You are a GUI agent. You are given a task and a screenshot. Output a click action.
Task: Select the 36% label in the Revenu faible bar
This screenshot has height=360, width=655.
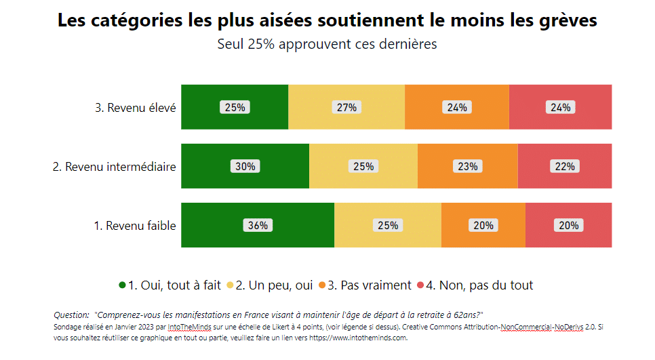(258, 226)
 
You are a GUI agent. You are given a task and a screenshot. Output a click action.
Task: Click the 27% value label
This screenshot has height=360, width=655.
(346, 107)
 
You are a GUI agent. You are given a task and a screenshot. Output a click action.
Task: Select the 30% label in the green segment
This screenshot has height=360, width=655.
(245, 166)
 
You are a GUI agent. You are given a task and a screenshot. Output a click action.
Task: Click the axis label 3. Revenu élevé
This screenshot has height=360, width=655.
(135, 107)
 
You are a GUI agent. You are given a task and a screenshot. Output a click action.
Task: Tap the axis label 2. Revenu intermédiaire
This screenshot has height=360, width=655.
(114, 166)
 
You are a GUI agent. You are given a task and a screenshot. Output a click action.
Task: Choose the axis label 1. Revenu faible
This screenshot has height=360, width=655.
(134, 226)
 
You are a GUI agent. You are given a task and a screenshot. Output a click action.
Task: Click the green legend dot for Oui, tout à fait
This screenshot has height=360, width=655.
(123, 285)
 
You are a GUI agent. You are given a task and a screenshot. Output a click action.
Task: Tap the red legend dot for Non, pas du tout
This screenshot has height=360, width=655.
(420, 285)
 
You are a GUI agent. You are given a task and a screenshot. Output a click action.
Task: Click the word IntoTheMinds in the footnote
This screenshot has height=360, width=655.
(189, 327)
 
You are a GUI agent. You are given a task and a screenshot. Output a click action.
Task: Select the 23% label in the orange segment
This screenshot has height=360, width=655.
(468, 166)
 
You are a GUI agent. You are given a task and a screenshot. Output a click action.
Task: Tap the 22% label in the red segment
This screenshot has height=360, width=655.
(565, 166)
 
